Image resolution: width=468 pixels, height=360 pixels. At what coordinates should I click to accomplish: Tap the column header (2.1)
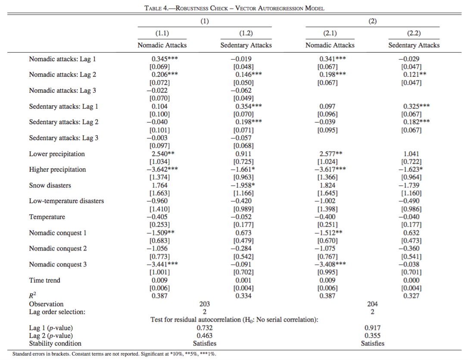tap(330, 33)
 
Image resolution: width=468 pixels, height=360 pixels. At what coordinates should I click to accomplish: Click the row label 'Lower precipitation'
tap(57, 154)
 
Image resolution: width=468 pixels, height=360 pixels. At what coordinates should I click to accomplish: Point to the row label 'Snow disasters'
tap(50, 185)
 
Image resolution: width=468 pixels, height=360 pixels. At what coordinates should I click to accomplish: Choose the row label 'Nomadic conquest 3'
tap(58, 264)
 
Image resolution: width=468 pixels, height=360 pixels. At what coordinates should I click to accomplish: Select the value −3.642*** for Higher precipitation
tap(162, 169)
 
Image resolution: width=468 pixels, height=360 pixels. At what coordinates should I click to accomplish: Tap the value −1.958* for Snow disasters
tap(246, 185)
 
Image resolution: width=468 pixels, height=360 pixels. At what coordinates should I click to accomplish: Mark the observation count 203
tap(205, 304)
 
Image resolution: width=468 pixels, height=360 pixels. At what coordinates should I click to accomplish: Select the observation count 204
tap(372, 304)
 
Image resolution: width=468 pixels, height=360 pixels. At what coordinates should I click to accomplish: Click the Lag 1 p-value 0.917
tap(372, 328)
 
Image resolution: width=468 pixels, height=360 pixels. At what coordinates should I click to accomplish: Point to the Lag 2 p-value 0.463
tap(205, 335)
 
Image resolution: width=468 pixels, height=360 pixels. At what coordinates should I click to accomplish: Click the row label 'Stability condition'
tap(55, 344)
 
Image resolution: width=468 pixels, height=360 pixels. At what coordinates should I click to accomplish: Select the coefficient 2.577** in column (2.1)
tap(331, 154)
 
